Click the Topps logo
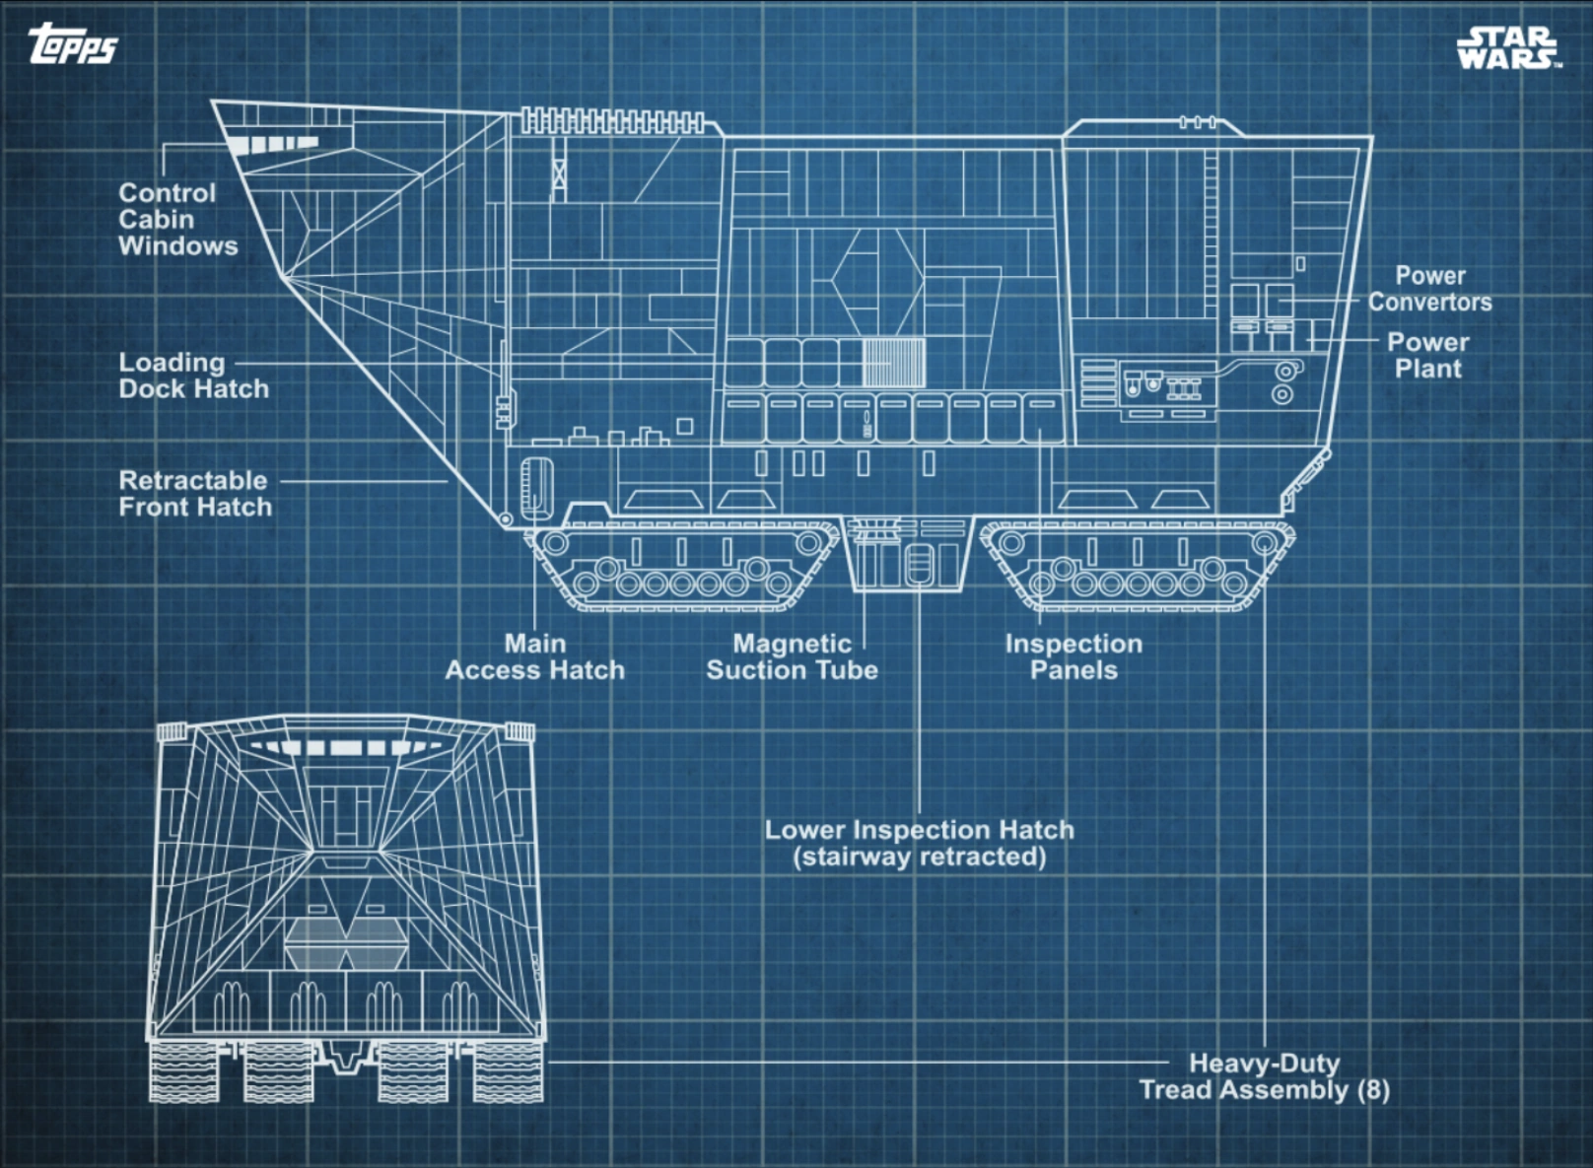coord(72,44)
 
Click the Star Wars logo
coord(1508,47)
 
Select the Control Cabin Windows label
coord(177,220)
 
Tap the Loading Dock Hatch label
coord(193,377)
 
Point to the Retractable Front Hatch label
coord(195,494)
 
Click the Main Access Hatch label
coord(534,657)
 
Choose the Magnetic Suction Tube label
coord(792,657)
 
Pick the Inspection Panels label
coord(1074,657)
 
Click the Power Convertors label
coord(1429,290)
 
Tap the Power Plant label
coord(1427,356)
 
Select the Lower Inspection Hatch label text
coord(919,844)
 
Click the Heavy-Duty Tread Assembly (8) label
coord(1264,1076)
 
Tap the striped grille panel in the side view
coord(893,362)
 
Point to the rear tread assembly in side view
coord(1139,567)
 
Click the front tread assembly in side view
coord(680,567)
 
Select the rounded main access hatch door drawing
coord(536,486)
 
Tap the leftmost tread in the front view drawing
coord(184,1072)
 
